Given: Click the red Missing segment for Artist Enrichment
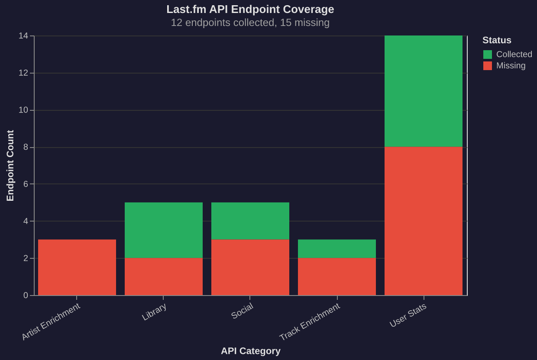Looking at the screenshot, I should (x=77, y=267).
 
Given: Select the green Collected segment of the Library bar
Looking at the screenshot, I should (x=164, y=230).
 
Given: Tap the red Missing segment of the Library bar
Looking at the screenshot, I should (x=164, y=277).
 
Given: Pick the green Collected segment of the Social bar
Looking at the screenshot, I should (x=250, y=221).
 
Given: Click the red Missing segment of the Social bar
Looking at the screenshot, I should (x=250, y=267).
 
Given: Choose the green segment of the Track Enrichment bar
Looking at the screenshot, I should (x=337, y=249).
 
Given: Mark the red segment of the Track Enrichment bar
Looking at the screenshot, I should (x=337, y=277).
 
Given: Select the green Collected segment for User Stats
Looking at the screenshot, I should (x=424, y=91).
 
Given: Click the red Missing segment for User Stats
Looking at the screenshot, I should (x=424, y=221).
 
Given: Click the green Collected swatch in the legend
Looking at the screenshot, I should (x=488, y=55).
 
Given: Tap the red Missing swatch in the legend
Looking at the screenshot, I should (x=488, y=66).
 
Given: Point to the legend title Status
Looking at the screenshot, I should (x=497, y=40).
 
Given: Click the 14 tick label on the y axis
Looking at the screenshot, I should (x=23, y=36).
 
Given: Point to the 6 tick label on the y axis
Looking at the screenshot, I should (x=26, y=184).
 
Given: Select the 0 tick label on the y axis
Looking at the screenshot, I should (x=26, y=296).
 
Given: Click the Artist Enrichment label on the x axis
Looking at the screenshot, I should (x=51, y=321).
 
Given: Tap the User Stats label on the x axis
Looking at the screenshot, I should (x=408, y=315).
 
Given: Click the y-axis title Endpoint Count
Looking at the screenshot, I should (x=10, y=166).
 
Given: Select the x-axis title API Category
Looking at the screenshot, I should (x=250, y=351).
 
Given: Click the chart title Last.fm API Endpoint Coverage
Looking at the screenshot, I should (x=250, y=10).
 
